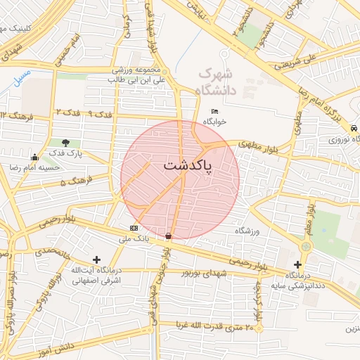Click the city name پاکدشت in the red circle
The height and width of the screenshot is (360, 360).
pos(180,165)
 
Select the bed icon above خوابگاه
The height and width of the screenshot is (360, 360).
pos(214,111)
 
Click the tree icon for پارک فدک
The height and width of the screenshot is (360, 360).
pos(65,143)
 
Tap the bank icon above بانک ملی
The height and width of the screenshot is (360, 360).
pos(134,228)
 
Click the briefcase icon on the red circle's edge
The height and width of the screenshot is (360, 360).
pos(168,236)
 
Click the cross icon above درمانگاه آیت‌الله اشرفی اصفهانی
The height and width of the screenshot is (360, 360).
pos(96,260)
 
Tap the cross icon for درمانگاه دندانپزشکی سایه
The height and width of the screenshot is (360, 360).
pos(298,264)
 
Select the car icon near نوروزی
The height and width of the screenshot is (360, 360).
pos(353,129)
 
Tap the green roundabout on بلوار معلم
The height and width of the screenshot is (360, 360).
pos(306,247)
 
